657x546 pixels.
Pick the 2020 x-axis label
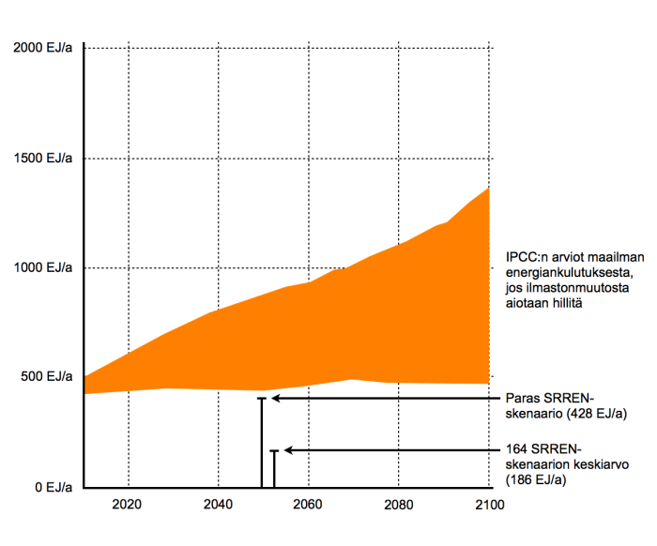tap(127, 504)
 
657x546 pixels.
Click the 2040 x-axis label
tap(218, 504)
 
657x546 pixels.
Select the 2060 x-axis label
tap(309, 504)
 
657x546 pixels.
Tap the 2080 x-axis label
tap(399, 504)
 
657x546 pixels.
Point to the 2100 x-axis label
tap(489, 504)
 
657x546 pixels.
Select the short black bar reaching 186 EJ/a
tap(274, 469)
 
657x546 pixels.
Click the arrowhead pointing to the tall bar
tap(277, 399)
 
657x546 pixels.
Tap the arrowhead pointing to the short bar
tap(289, 451)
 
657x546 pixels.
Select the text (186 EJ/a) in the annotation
tap(537, 479)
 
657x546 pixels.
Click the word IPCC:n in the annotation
tap(524, 255)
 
